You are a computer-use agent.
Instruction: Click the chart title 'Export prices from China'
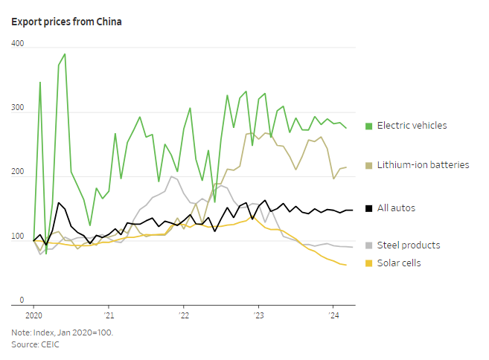[66, 22]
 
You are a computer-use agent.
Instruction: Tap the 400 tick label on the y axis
[18, 45]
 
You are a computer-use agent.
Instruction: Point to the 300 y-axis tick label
[18, 109]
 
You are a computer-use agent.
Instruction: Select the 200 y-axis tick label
[18, 173]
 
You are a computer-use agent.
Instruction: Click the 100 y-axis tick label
[18, 237]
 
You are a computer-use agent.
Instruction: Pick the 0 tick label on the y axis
[22, 300]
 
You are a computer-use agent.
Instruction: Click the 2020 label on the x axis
[33, 316]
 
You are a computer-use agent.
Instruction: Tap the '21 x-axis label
[108, 316]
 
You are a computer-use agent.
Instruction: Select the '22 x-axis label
[183, 316]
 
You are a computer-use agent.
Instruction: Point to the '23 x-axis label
[258, 316]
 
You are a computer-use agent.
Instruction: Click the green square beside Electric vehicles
[368, 126]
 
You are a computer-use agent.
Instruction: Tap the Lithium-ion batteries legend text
[423, 164]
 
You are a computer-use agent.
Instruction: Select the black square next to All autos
[368, 208]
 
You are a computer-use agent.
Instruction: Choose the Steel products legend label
[408, 245]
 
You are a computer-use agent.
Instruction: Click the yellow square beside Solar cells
[368, 263]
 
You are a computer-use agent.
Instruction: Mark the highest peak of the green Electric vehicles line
[65, 54]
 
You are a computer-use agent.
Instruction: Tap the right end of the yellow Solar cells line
[346, 266]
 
